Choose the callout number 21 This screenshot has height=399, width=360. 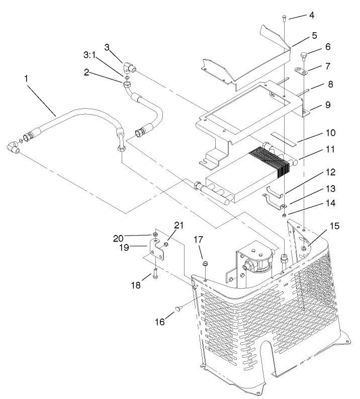[178, 224]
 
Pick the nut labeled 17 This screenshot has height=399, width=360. [205, 264]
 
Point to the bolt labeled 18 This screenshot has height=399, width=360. [155, 274]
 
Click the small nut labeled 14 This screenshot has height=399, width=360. [284, 215]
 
